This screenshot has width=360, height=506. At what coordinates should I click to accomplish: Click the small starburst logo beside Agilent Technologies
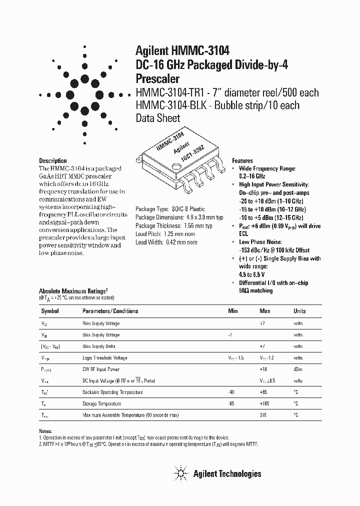[180, 473]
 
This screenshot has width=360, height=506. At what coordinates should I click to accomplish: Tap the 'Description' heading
[53, 161]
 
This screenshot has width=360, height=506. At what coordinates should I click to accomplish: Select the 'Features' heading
[242, 161]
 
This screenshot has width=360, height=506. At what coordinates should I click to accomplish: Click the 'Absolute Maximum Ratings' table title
[73, 291]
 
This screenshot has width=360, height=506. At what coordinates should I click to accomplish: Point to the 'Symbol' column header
[49, 311]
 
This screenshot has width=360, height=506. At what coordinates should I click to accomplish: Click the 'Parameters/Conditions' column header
[110, 311]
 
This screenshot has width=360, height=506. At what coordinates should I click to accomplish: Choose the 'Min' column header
[233, 311]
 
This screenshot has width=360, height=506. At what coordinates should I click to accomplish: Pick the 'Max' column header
[265, 311]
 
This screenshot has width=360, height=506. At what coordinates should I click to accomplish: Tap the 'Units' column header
[299, 311]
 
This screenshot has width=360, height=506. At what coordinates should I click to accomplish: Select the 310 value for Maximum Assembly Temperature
[263, 415]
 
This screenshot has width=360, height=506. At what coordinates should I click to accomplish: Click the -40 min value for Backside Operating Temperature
[230, 392]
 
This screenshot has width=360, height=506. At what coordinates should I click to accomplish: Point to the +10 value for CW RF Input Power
[263, 369]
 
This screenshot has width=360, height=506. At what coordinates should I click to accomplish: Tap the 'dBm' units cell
[298, 369]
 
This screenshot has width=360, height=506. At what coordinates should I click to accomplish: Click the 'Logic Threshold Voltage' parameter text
[104, 358]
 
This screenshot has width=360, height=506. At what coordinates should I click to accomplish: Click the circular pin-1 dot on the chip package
[176, 166]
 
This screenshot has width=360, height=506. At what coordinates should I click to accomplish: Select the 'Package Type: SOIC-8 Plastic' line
[170, 209]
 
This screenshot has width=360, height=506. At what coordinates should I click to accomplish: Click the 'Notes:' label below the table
[45, 431]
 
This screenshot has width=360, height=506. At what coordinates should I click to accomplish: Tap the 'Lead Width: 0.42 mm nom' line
[166, 242]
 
